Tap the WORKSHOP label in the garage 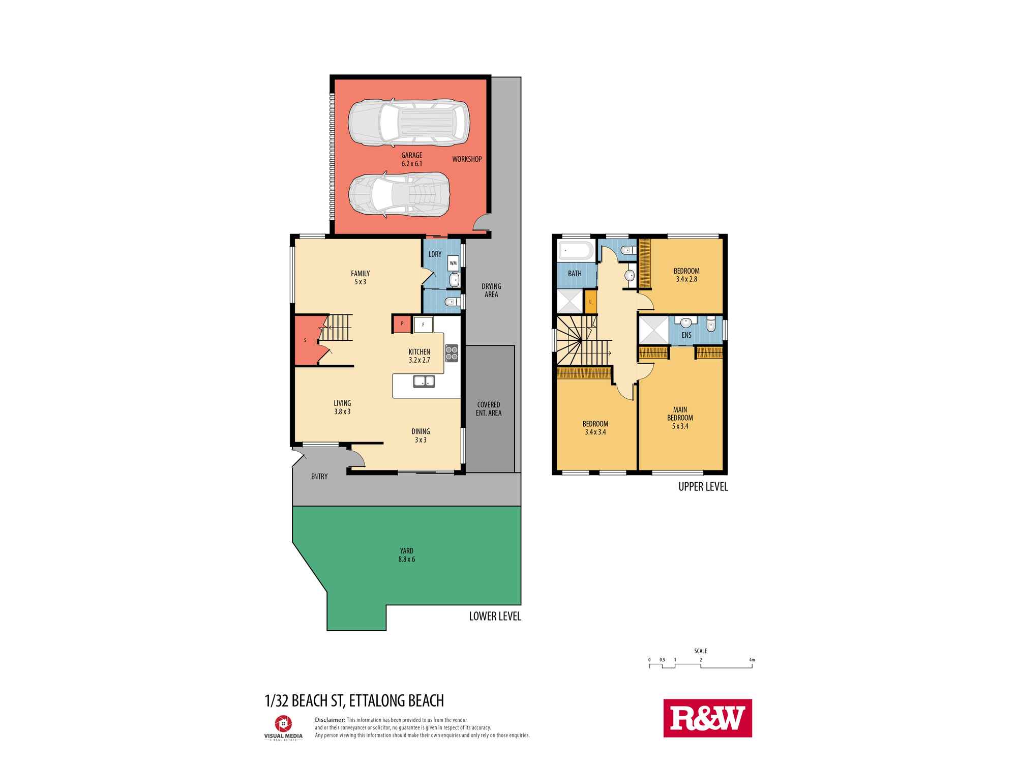(x=466, y=159)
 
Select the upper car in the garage (x=409, y=123)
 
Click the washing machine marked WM (x=453, y=263)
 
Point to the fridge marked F (x=423, y=324)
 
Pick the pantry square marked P (x=402, y=324)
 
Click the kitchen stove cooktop (x=452, y=353)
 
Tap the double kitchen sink (x=423, y=380)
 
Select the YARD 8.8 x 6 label (x=406, y=555)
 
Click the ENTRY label (x=319, y=477)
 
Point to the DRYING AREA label (x=491, y=290)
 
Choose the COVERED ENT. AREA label (x=488, y=409)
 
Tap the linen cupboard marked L (x=590, y=302)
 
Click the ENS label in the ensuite (x=686, y=335)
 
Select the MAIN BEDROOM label (x=680, y=418)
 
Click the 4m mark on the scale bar (x=752, y=660)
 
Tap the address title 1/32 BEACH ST (x=354, y=700)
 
